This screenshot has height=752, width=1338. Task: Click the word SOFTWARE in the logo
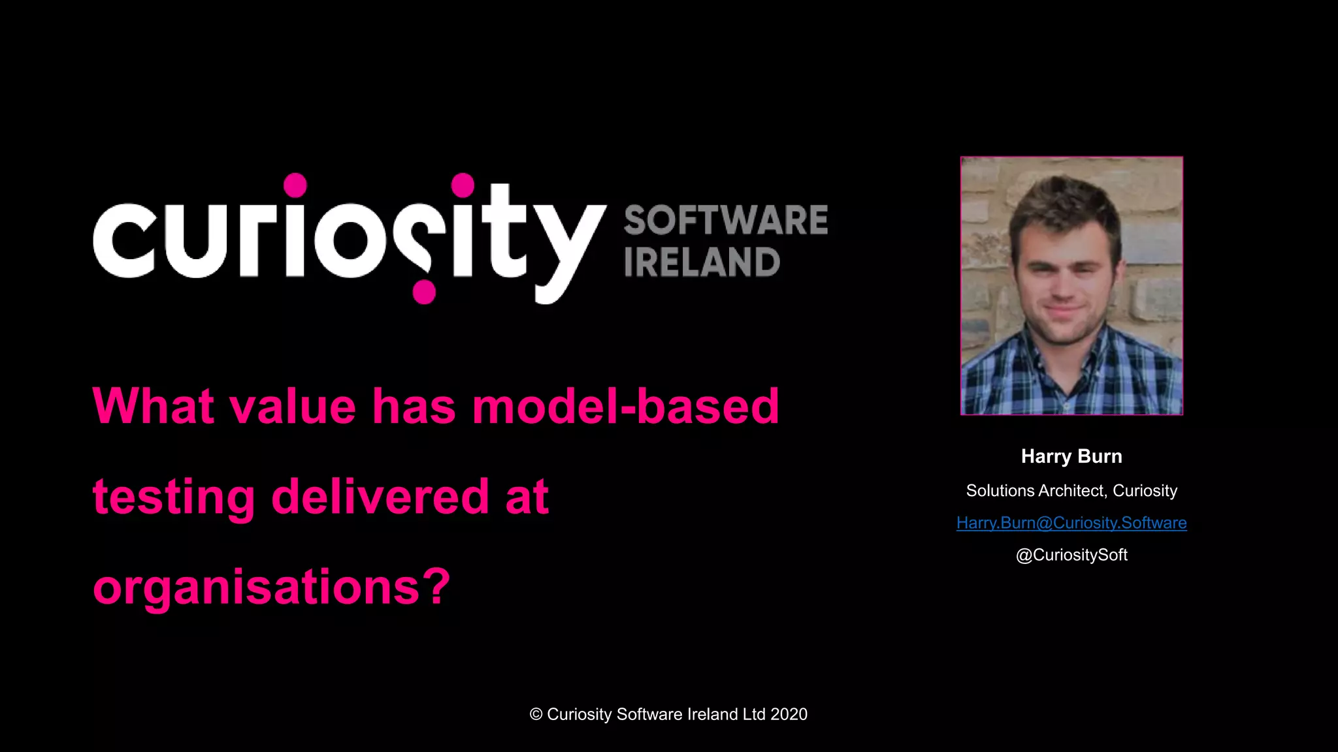pos(725,220)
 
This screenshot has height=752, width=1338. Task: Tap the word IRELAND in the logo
pos(702,262)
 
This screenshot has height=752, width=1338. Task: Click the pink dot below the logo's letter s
pos(424,292)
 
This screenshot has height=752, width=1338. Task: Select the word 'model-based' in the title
pos(625,406)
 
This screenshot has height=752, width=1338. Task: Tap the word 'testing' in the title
pos(174,497)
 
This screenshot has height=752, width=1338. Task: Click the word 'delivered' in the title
pos(380,496)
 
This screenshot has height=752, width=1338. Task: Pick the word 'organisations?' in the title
pos(271,587)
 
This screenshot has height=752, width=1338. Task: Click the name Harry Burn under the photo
pos(1071,456)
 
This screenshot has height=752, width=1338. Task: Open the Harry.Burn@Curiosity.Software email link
pos(1071,523)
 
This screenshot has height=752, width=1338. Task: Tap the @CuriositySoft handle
pos(1071,555)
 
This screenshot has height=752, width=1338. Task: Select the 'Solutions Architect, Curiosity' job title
pos(1071,491)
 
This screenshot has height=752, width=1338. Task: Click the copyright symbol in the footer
pos(536,714)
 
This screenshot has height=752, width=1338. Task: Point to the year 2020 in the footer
pos(789,714)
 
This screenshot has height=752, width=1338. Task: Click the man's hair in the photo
pos(1065,202)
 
